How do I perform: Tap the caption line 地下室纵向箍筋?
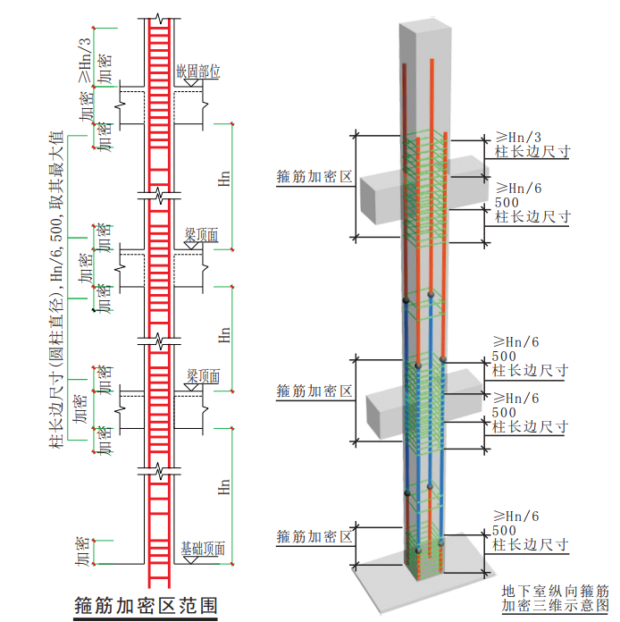[x=555, y=591]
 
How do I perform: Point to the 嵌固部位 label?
[x=197, y=71]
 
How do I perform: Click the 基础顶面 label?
[x=203, y=549]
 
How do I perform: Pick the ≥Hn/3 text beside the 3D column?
[x=519, y=137]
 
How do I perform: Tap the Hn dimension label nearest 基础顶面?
[x=223, y=487]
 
